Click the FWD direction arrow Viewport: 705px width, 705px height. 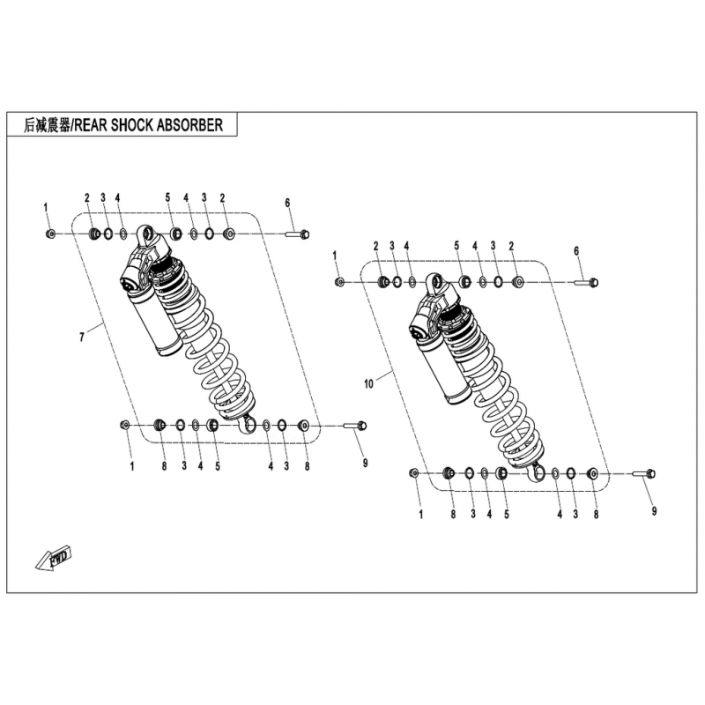tap(54, 558)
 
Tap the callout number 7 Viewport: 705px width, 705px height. tap(82, 337)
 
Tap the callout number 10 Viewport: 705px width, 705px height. tap(368, 384)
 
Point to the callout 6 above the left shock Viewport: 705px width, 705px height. tap(288, 203)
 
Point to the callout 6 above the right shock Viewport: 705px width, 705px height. tap(576, 251)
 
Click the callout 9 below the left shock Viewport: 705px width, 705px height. tap(365, 463)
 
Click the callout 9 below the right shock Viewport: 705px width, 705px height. tap(654, 511)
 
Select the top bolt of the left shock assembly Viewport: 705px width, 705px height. tap(298, 234)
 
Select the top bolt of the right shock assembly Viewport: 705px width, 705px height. tap(587, 282)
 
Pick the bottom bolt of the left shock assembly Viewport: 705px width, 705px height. tap(356, 426)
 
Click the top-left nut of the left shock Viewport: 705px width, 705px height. tap(50, 234)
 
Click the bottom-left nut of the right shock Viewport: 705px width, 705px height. tap(414, 473)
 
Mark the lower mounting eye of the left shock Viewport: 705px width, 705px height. tap(247, 425)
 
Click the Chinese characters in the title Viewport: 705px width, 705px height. tap(48, 125)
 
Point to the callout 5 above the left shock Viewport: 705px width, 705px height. tap(167, 197)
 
